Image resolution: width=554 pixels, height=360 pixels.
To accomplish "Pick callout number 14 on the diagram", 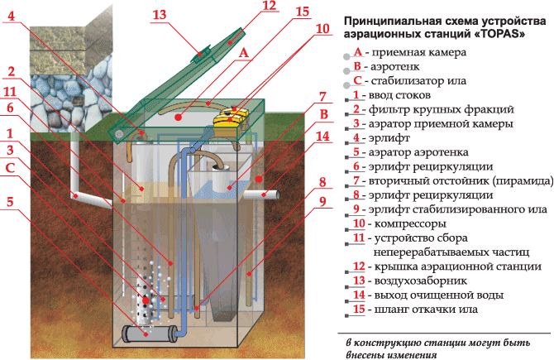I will [323, 136].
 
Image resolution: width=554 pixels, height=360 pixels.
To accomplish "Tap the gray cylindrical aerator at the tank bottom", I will [149, 333].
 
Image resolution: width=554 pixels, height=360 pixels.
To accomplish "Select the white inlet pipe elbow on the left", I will [79, 196].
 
